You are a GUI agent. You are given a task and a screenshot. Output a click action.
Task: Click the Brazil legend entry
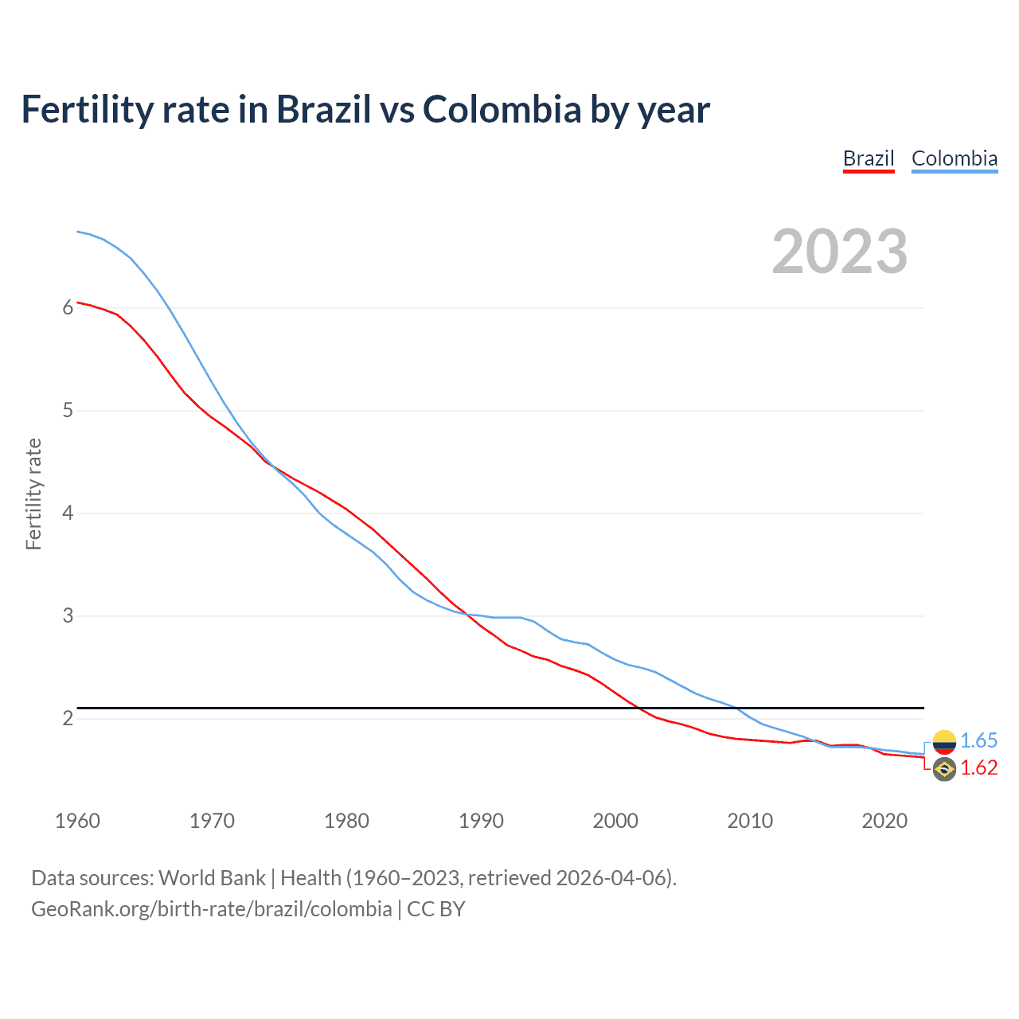point(869,158)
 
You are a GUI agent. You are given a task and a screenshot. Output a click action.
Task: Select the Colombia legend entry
point(954,158)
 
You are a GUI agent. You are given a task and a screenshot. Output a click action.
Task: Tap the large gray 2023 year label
point(839,252)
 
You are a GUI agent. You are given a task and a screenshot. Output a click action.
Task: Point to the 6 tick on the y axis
point(68,308)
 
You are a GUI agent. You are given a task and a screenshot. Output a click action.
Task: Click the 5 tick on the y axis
point(68,411)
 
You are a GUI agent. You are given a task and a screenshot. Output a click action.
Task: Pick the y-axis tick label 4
point(68,513)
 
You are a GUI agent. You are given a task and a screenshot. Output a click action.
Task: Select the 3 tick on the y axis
point(68,616)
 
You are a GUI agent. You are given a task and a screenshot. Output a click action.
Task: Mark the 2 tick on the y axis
point(68,719)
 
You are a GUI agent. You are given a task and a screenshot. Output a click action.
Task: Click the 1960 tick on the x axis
point(77,821)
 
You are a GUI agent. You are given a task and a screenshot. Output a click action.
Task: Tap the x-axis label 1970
point(212,821)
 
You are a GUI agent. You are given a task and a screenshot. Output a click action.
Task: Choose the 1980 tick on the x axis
point(346,821)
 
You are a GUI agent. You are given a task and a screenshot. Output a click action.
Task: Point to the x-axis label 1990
point(481,821)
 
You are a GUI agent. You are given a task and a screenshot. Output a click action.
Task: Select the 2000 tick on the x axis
point(615,821)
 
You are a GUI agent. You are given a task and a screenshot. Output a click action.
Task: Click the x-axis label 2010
point(750,821)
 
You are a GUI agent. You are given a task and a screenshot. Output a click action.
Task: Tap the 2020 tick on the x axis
point(884,821)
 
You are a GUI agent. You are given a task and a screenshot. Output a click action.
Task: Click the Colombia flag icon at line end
point(944,742)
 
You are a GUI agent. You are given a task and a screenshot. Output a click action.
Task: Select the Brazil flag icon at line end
point(944,769)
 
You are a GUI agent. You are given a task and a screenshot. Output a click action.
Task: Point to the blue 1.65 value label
point(978,741)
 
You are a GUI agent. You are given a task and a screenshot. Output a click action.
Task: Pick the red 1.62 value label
point(978,768)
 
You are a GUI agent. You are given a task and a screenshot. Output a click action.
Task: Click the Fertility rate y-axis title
point(33,494)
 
